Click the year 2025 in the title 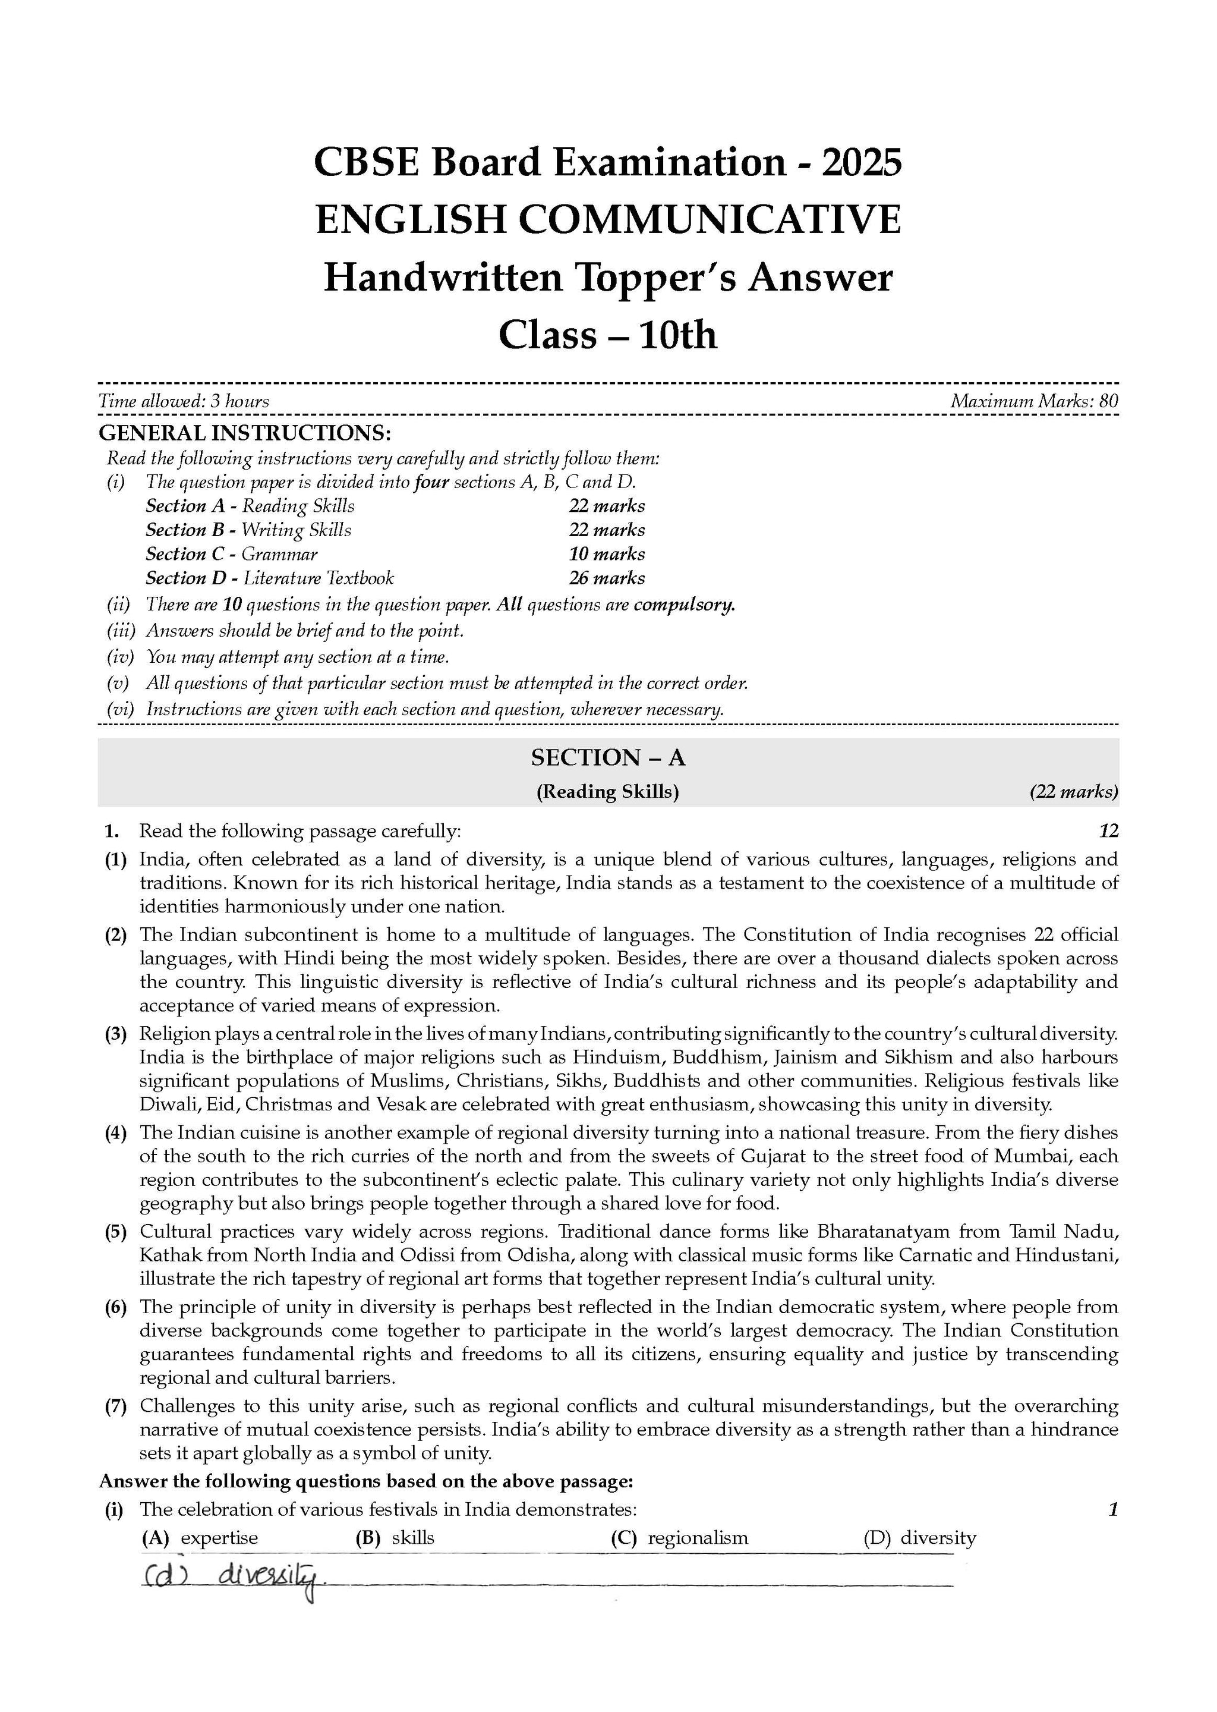[x=861, y=163]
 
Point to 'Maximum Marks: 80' [x=1034, y=401]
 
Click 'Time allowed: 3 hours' [x=184, y=401]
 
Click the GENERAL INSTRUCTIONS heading [x=245, y=433]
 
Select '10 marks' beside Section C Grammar [x=606, y=554]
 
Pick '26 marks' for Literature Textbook [x=606, y=578]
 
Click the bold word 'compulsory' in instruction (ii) [x=683, y=605]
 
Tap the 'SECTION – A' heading [x=608, y=758]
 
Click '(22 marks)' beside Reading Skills [x=1073, y=792]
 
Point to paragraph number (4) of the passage [x=115, y=1132]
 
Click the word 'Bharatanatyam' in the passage [x=884, y=1232]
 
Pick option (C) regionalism [x=679, y=1538]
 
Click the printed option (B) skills [x=395, y=1538]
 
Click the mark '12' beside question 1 [x=1108, y=830]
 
